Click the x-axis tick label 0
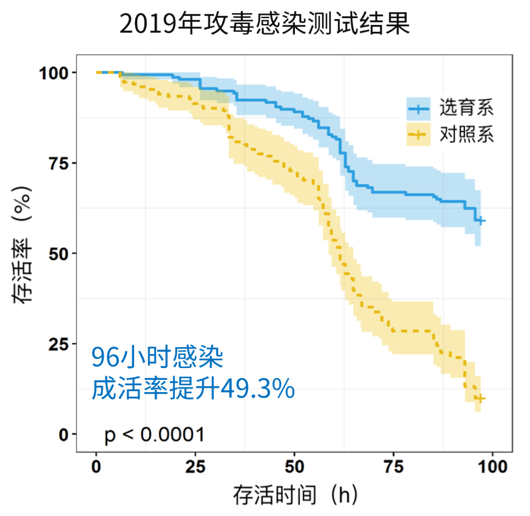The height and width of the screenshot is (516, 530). [96, 466]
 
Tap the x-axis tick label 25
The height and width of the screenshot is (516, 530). [195, 466]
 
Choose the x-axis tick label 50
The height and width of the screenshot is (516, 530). [294, 466]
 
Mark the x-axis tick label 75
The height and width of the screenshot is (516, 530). [394, 466]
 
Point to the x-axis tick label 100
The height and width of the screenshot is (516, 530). [492, 466]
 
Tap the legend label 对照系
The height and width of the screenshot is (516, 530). [466, 135]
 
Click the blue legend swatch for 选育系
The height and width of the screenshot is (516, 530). [418, 109]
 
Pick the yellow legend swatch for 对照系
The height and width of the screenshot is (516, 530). [418, 135]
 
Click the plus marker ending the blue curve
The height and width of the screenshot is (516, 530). [480, 221]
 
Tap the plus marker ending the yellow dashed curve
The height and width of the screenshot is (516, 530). [480, 399]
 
